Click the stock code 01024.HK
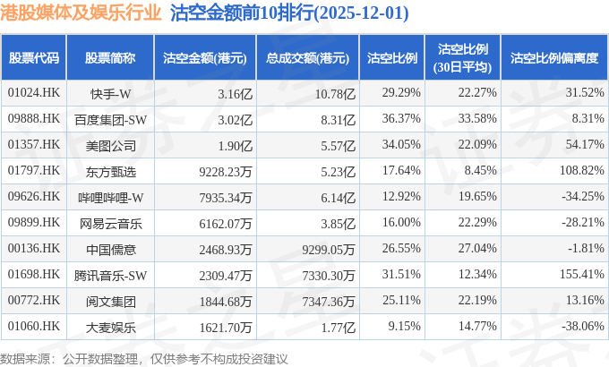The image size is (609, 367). tap(33, 93)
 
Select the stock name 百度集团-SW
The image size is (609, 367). tap(110, 118)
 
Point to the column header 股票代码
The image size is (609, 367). tap(34, 58)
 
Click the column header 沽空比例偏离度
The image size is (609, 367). tap(553, 58)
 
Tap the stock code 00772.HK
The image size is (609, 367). tap(33, 300)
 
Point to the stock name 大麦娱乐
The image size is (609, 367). tap(110, 326)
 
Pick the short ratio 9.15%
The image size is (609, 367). tap(404, 326)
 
